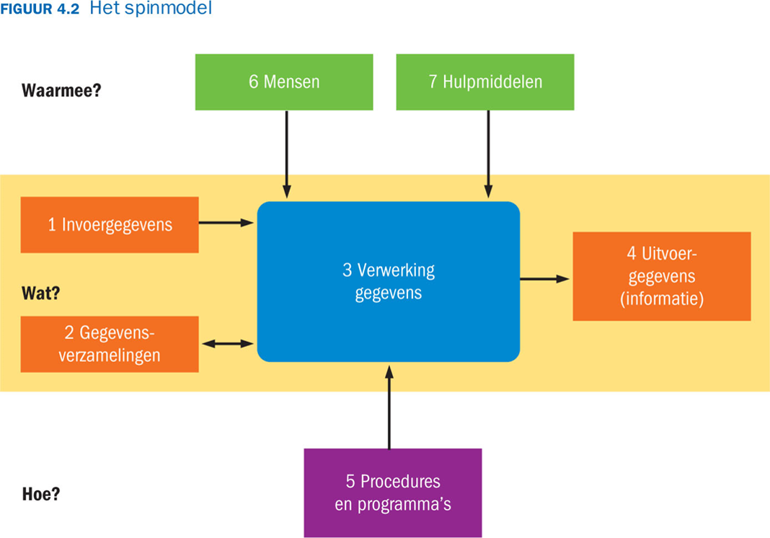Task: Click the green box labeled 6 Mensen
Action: (284, 81)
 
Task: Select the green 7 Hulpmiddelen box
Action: (485, 81)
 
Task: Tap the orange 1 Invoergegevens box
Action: (110, 224)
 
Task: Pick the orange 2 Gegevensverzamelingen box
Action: (110, 344)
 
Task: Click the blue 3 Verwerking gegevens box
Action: (388, 281)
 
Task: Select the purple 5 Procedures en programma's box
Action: (392, 493)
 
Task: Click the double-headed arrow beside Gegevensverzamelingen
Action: (228, 344)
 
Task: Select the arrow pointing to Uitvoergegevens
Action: (545, 278)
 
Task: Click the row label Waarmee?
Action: (61, 91)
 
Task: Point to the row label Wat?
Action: (41, 295)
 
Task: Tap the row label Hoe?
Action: (41, 495)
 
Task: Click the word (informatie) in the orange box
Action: (661, 298)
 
